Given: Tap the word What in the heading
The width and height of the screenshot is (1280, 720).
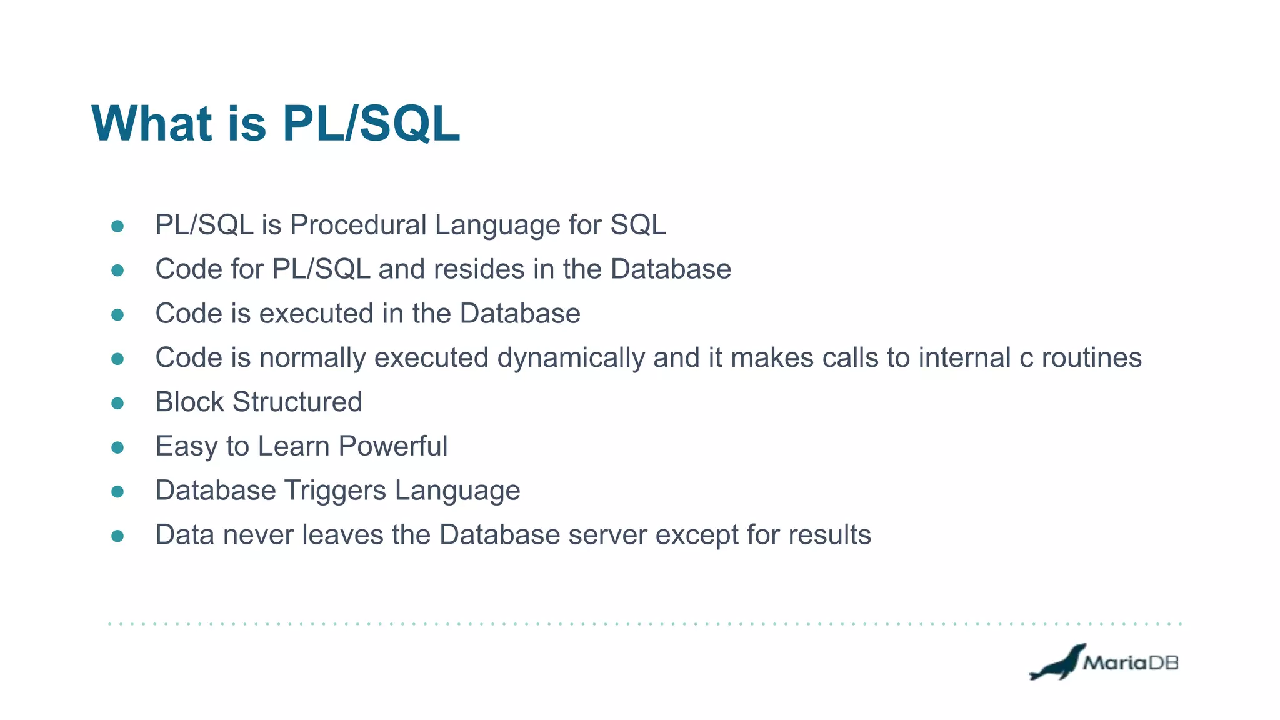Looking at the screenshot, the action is tap(152, 123).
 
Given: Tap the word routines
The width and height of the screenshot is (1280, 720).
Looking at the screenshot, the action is tap(1091, 358).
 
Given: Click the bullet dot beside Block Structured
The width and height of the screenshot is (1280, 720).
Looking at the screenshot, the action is tap(117, 403).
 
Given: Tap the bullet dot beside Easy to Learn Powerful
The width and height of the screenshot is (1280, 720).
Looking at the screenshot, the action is tap(117, 447).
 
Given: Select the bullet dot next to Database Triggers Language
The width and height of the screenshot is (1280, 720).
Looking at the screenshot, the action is tap(117, 492).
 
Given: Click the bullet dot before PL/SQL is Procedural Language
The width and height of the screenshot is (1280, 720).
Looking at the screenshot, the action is tap(117, 226).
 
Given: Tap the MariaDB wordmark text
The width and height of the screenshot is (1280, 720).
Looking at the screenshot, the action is tap(1131, 662).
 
